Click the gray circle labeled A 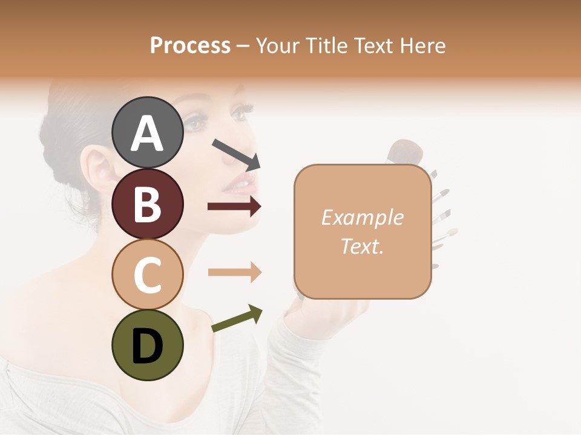(x=147, y=132)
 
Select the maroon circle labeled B (x=147, y=203)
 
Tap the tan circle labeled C (x=147, y=274)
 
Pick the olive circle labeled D (x=147, y=345)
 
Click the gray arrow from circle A (x=236, y=154)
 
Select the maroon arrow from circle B (x=234, y=207)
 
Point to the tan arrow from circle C (x=234, y=272)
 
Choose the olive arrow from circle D (x=237, y=318)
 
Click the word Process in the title (x=190, y=45)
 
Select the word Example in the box (x=363, y=217)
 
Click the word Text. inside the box (x=363, y=246)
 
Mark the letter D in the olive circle (x=147, y=346)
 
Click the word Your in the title (x=277, y=45)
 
